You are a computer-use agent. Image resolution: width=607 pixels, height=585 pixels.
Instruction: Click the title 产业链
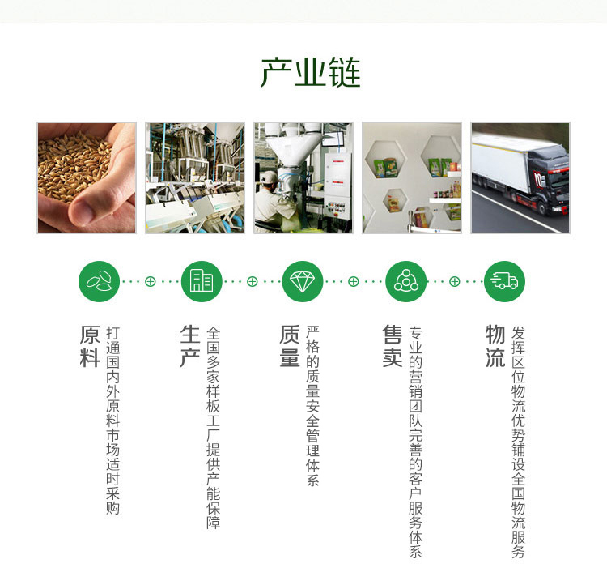311,72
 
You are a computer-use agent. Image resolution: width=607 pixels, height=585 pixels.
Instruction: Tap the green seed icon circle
99,281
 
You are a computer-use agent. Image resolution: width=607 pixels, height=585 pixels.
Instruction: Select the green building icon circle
202,281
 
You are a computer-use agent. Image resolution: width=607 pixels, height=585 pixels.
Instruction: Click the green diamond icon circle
303,281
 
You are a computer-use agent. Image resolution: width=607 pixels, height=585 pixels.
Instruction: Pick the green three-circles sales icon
406,281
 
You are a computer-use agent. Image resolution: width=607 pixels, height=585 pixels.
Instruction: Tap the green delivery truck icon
504,281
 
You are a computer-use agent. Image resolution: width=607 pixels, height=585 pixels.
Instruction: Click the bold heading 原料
90,346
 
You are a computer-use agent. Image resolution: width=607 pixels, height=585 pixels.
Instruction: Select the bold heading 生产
190,346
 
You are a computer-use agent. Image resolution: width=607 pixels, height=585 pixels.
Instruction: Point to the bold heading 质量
290,346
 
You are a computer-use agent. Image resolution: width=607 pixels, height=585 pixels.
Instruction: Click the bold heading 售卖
393,346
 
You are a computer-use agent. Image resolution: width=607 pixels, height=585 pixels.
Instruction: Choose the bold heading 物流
495,346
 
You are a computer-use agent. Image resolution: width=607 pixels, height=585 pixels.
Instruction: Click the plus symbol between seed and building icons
151,281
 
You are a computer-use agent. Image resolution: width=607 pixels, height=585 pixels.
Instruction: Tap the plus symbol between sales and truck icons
455,281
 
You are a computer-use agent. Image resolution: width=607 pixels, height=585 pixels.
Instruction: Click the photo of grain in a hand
87,178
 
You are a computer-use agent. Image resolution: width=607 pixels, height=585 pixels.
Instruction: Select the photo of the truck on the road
520,178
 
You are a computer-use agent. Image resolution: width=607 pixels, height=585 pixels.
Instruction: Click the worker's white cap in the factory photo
268,177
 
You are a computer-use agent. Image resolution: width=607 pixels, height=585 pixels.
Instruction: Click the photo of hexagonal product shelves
412,178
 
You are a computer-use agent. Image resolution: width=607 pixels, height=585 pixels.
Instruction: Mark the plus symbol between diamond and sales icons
354,281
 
